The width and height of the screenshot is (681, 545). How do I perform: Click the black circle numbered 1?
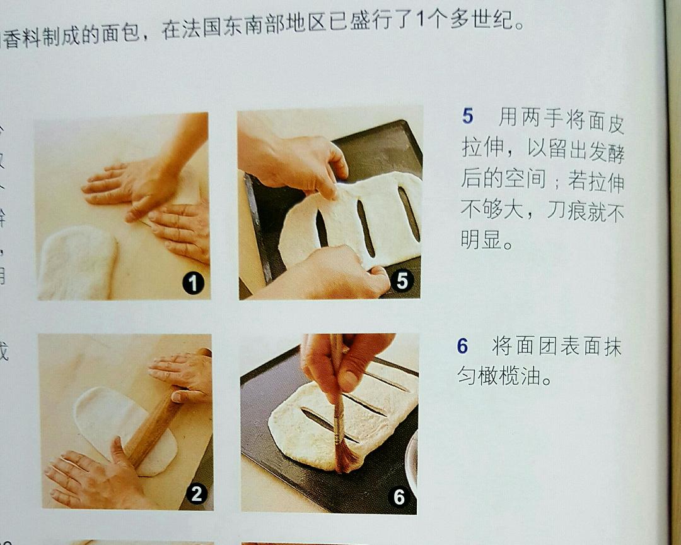click(x=193, y=284)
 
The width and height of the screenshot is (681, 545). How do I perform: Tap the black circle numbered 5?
click(x=402, y=281)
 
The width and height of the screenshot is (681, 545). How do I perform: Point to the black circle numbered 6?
click(x=399, y=497)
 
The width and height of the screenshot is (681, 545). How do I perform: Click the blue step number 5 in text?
click(x=467, y=116)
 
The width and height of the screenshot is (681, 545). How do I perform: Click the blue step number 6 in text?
click(x=463, y=346)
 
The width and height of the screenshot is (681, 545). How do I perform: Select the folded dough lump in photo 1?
click(x=76, y=262)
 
